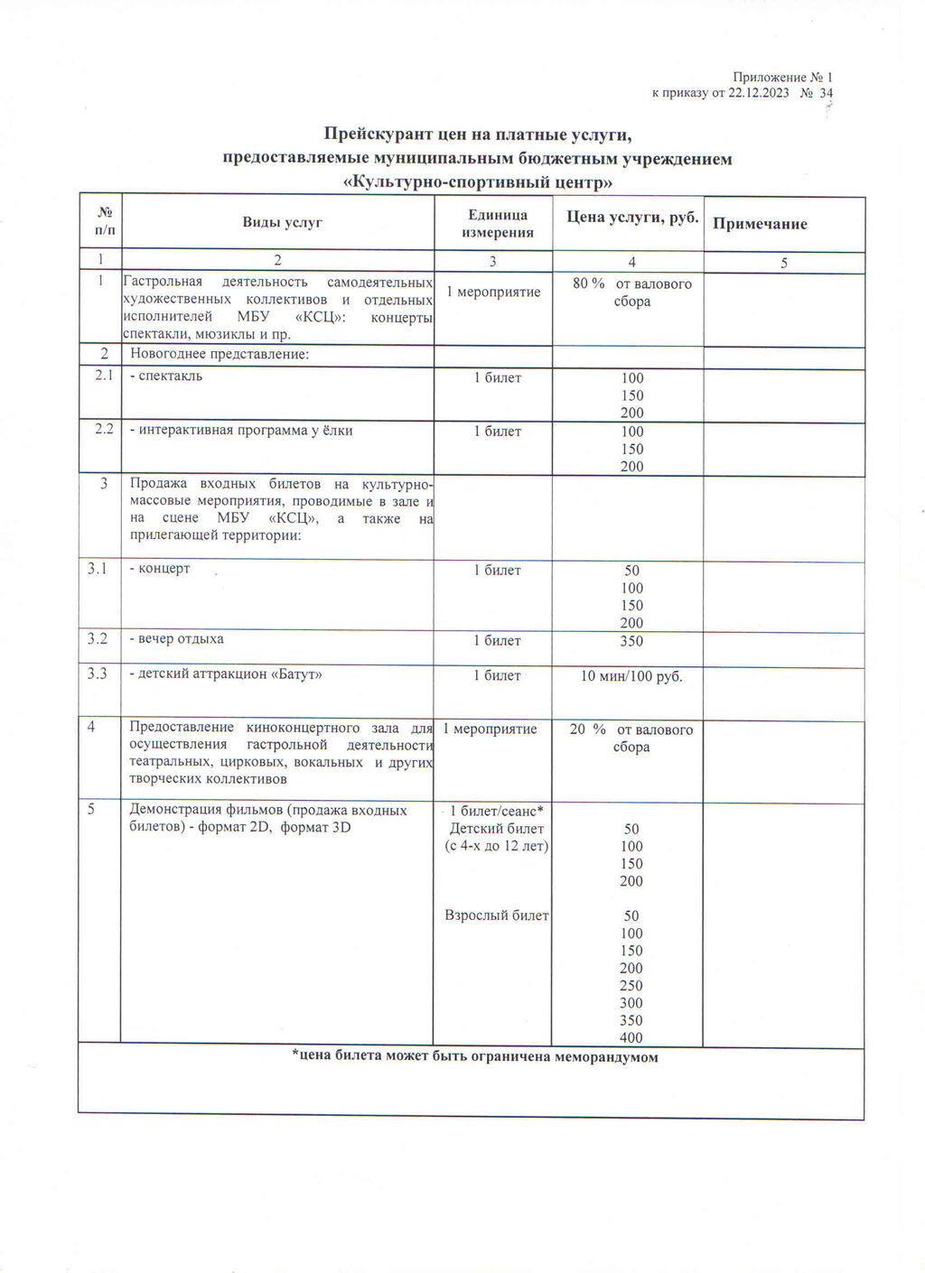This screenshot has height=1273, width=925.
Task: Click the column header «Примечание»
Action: coord(760,224)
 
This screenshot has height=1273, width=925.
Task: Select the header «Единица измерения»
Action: coord(498,224)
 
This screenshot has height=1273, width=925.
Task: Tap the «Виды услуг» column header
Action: coord(282,222)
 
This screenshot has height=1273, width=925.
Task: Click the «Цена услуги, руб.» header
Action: coord(632,217)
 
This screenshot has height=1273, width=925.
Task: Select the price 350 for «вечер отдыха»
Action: coord(631,641)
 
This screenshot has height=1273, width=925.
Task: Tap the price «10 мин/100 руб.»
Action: coord(631,675)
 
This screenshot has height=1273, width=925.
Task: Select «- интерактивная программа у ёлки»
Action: coord(241,431)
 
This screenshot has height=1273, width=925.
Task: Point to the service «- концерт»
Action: coord(160,569)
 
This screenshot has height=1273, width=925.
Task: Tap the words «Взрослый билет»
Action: coord(497,915)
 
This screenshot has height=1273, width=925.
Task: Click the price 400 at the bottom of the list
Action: coord(631,1037)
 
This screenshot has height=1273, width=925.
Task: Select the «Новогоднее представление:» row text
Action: coord(220,354)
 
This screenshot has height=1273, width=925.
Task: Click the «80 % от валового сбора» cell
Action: coord(631,293)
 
